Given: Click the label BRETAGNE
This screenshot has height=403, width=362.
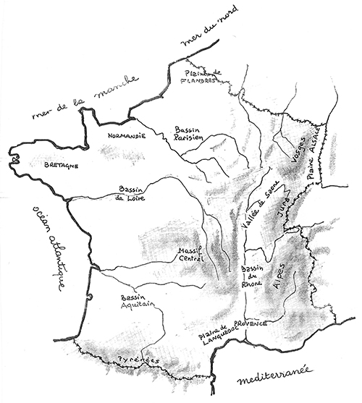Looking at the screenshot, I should (61, 165).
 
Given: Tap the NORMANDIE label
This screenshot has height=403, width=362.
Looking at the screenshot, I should (127, 135).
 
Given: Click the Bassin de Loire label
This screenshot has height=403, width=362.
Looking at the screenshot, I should (130, 195).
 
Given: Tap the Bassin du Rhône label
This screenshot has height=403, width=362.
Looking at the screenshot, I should (253, 277).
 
